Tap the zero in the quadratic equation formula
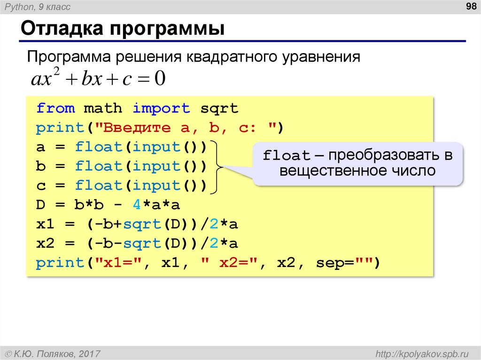click(x=160, y=78)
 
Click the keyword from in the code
click(x=55, y=108)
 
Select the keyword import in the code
click(x=161, y=108)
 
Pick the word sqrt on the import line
click(x=219, y=108)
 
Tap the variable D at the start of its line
click(x=41, y=205)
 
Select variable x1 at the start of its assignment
click(x=46, y=224)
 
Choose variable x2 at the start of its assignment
click(x=46, y=244)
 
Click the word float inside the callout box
click(x=287, y=156)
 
